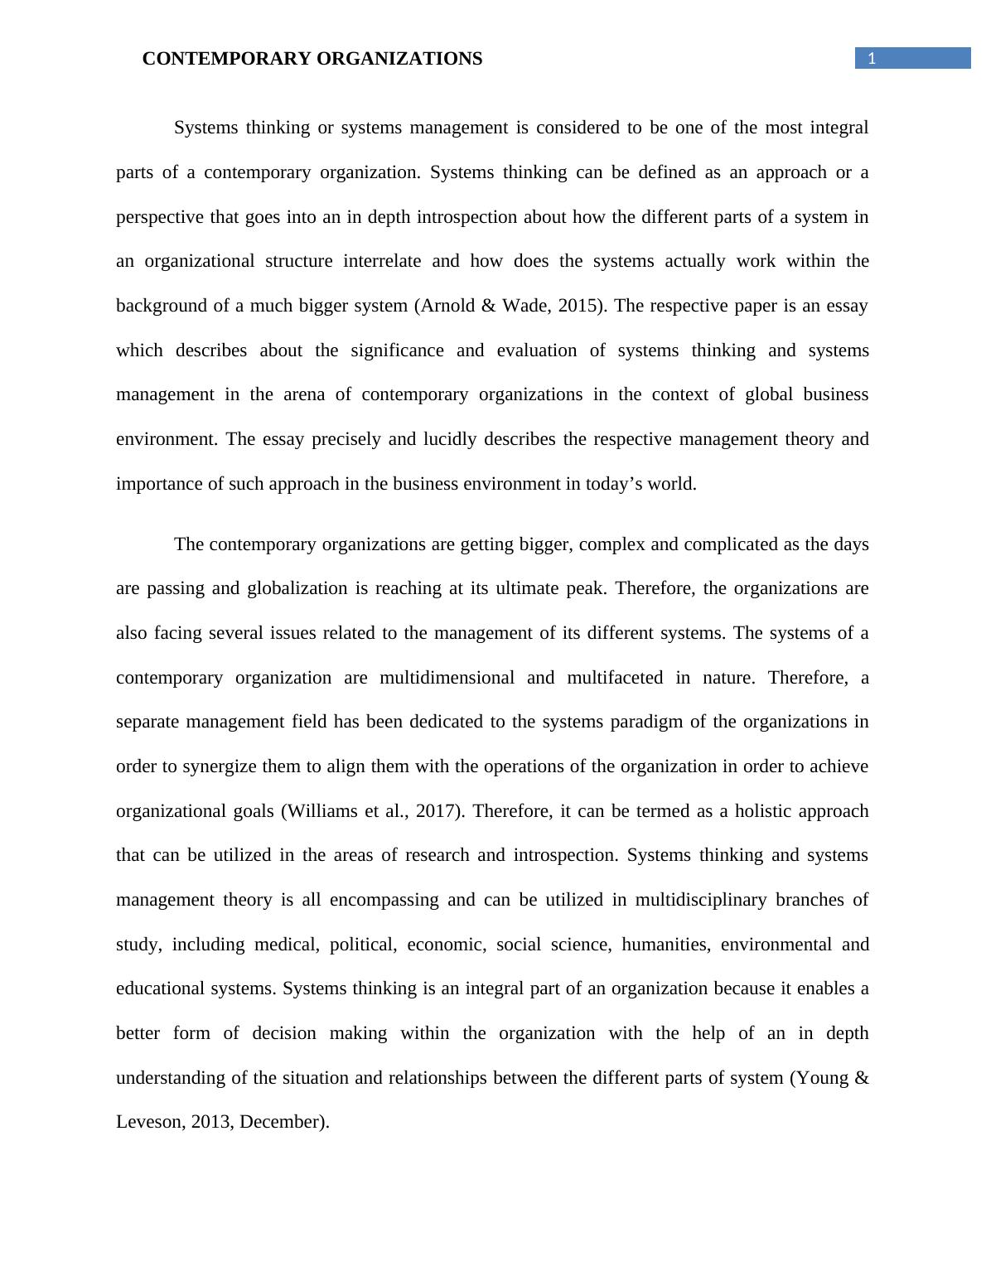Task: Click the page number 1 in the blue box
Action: [x=871, y=58]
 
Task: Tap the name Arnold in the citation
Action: [x=447, y=306]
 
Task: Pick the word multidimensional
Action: [x=447, y=678]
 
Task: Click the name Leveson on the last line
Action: [x=149, y=1122]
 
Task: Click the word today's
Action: [x=618, y=484]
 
